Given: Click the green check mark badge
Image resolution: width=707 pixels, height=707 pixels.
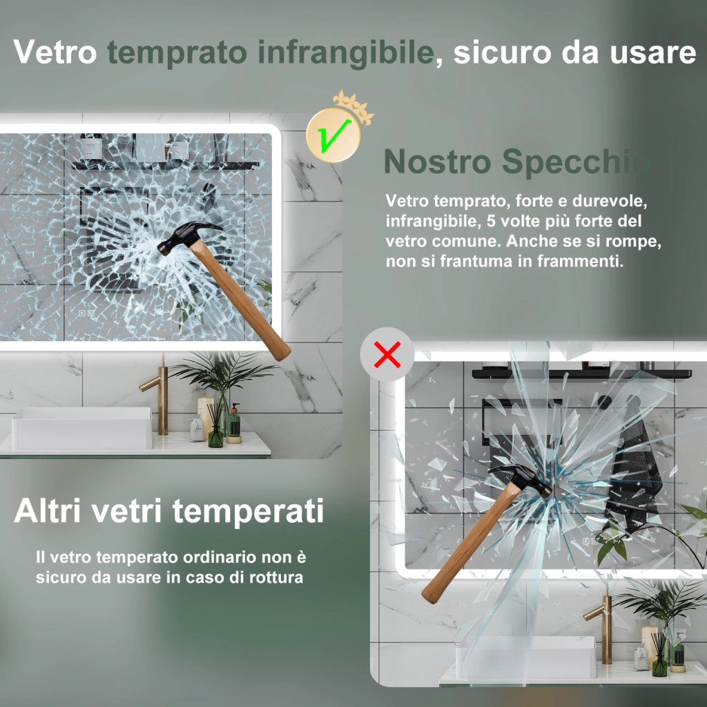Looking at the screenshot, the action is point(333,136).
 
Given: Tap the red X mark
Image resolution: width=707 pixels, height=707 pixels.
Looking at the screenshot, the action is point(387,354).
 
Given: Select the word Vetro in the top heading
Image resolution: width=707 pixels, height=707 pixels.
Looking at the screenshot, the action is point(55,52).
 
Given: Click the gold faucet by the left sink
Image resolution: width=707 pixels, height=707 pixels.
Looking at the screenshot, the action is point(158,397).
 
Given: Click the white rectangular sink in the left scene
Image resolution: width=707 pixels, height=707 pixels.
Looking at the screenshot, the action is point(82,428).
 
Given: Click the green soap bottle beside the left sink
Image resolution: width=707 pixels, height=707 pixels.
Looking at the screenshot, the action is point(233,424).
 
